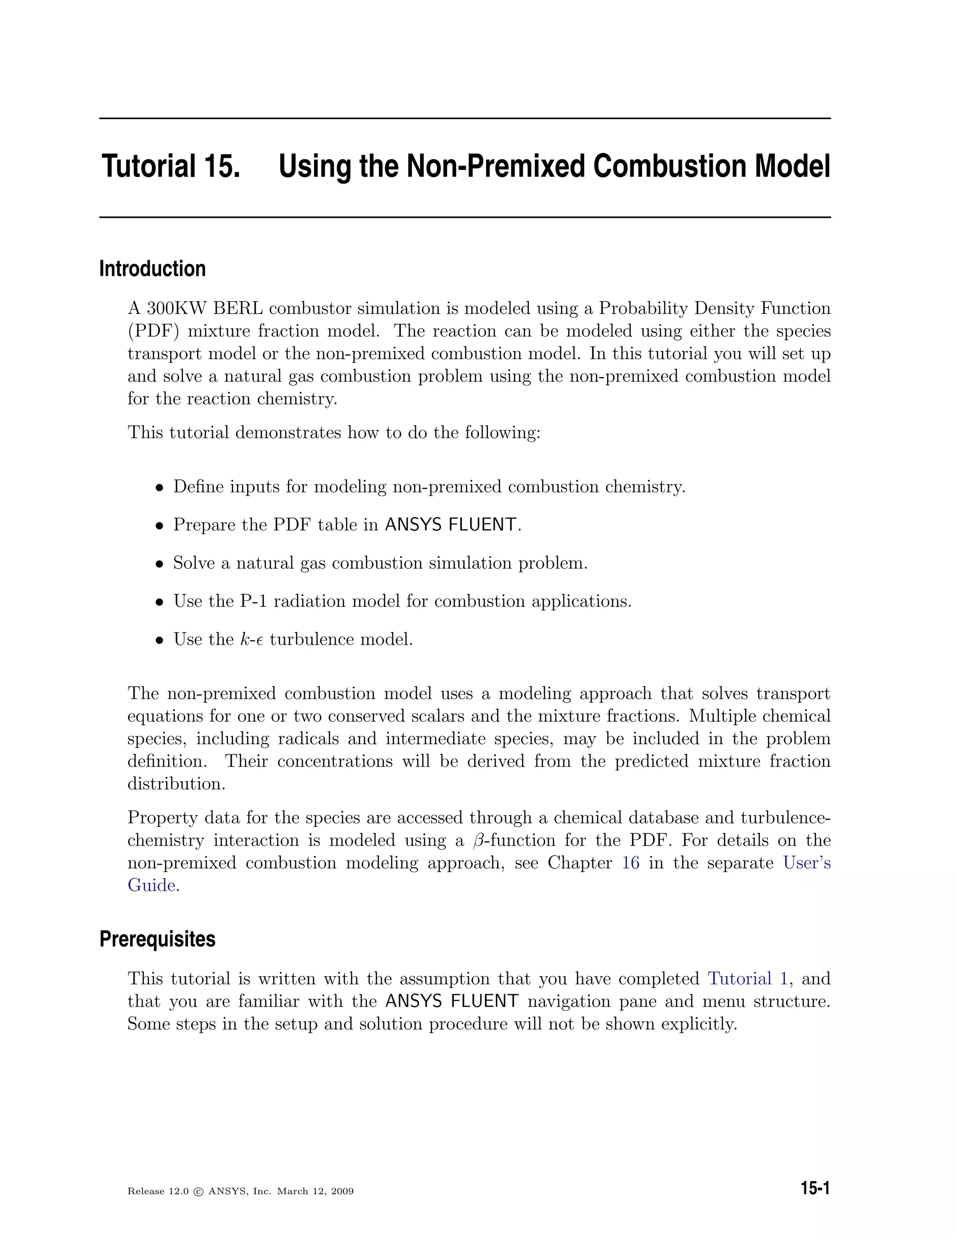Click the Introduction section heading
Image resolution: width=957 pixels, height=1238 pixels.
click(152, 269)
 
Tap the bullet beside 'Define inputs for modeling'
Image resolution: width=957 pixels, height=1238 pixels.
click(160, 487)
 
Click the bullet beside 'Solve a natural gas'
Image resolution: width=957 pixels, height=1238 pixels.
click(160, 564)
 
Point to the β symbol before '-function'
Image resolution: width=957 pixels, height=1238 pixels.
click(477, 840)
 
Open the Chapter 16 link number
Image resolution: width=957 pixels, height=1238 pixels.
click(630, 863)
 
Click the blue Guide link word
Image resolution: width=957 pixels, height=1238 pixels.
click(151, 885)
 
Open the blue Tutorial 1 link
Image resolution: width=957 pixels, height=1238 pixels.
click(748, 979)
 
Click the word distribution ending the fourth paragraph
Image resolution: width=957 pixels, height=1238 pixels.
click(175, 784)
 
